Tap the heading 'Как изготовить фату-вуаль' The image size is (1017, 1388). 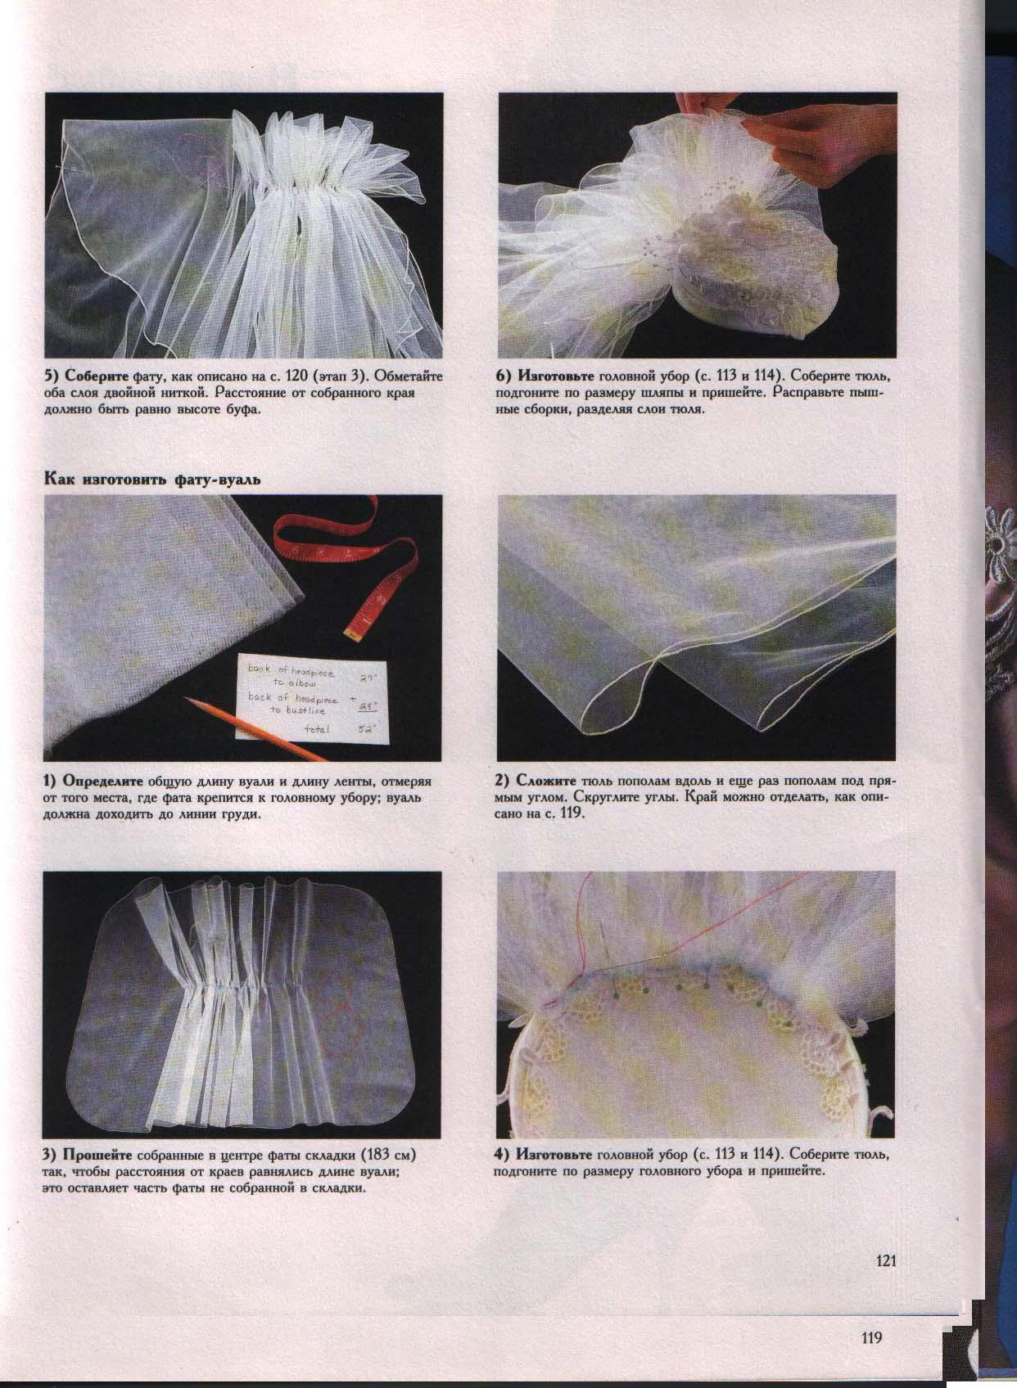[151, 480]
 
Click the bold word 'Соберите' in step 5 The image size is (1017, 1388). [92, 376]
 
